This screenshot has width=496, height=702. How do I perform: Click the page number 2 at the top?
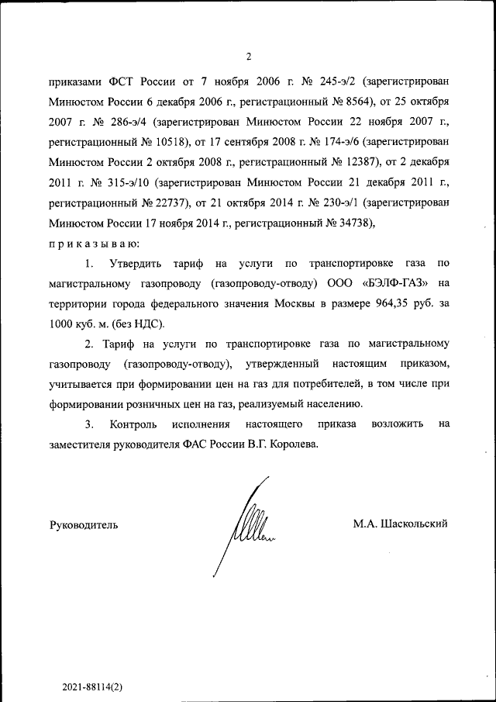248,56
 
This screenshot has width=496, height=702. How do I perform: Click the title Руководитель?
84,524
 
